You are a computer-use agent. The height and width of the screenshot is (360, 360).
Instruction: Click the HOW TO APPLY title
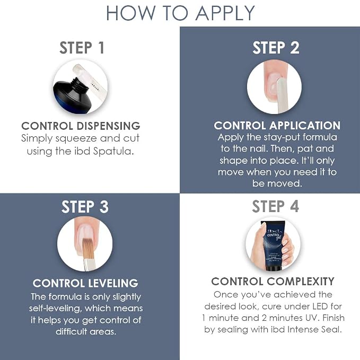(180, 13)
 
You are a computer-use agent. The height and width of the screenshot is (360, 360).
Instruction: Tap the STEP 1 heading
(82, 48)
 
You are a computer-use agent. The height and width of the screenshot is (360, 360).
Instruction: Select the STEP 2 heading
(276, 48)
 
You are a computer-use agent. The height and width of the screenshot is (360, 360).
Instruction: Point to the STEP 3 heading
(85, 207)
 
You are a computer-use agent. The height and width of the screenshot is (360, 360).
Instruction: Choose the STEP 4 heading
(276, 206)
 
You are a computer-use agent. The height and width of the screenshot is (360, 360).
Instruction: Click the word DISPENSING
(108, 126)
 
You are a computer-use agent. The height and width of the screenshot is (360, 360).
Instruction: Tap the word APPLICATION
(305, 125)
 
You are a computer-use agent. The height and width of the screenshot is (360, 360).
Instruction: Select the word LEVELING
(113, 283)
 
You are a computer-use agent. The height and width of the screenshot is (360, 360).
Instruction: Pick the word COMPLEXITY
(301, 282)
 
